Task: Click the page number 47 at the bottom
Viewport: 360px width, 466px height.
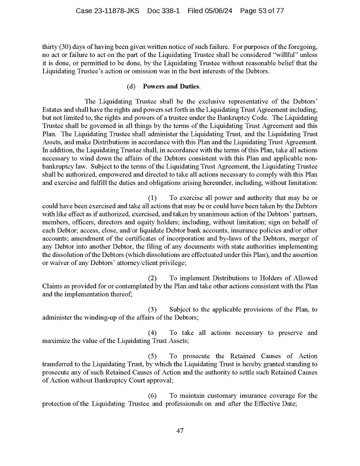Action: pos(180,430)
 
